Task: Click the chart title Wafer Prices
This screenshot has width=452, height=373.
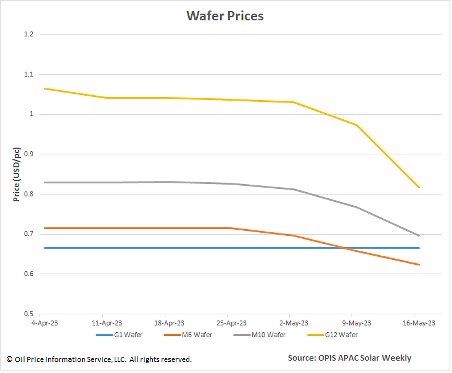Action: click(x=225, y=16)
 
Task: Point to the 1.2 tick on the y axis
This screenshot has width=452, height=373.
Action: click(x=29, y=34)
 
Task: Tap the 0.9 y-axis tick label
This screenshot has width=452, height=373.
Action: click(x=29, y=154)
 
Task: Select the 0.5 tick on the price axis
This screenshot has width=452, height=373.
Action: click(x=29, y=314)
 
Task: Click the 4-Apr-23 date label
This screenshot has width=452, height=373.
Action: click(x=44, y=323)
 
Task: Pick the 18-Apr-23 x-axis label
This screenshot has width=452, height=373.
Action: click(x=169, y=323)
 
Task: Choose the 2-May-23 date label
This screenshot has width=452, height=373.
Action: click(x=294, y=323)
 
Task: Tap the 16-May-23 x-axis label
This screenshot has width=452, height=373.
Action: click(x=419, y=323)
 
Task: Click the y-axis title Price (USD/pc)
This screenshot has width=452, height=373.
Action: click(x=16, y=174)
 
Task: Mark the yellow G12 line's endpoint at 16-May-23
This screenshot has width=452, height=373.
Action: click(x=419, y=187)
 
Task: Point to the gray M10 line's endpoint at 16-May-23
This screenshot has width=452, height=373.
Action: click(x=419, y=236)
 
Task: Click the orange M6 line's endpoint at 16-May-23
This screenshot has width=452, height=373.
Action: click(x=419, y=265)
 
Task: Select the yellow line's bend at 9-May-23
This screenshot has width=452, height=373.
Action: click(x=357, y=125)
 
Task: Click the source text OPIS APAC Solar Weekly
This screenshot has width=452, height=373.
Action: click(x=349, y=358)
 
